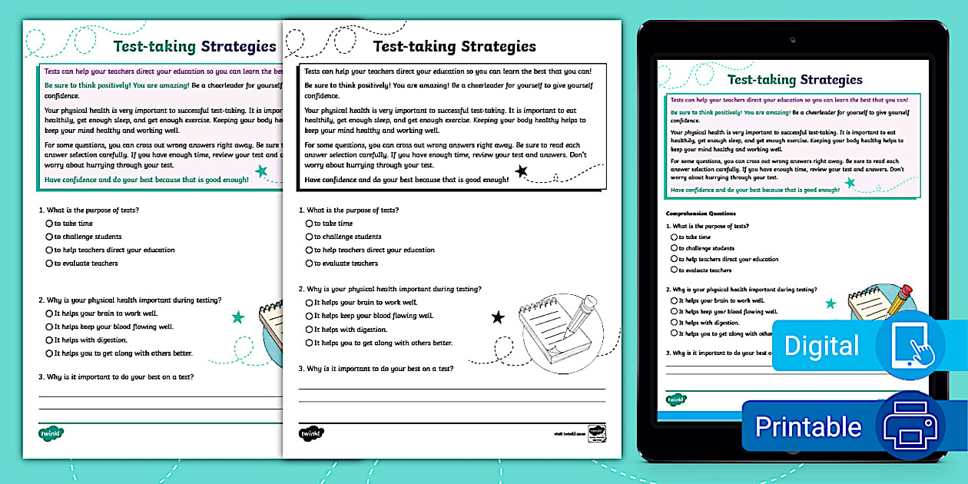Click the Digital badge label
pyautogui.click(x=821, y=346)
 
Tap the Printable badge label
pyautogui.click(x=808, y=426)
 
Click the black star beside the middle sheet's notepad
pyautogui.click(x=498, y=317)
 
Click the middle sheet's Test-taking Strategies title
pyautogui.click(x=454, y=46)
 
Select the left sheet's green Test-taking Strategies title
pyautogui.click(x=194, y=46)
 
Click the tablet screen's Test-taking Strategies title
pyautogui.click(x=794, y=80)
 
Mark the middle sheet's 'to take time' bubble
pyautogui.click(x=309, y=224)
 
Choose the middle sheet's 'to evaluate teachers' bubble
pyautogui.click(x=309, y=264)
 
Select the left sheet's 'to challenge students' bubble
pyautogui.click(x=49, y=237)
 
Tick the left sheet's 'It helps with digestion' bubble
pyautogui.click(x=49, y=340)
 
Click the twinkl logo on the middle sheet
pyautogui.click(x=311, y=433)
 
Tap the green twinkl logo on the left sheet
pyautogui.click(x=51, y=433)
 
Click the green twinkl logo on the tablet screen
pyautogui.click(x=676, y=399)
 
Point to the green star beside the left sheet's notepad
pyautogui.click(x=237, y=317)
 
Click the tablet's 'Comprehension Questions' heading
pyautogui.click(x=701, y=214)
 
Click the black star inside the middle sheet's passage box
pyautogui.click(x=522, y=171)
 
